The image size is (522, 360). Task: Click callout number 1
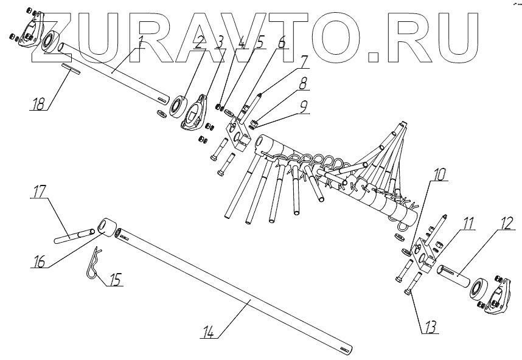(141, 42)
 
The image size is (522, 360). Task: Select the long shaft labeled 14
(243, 295)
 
